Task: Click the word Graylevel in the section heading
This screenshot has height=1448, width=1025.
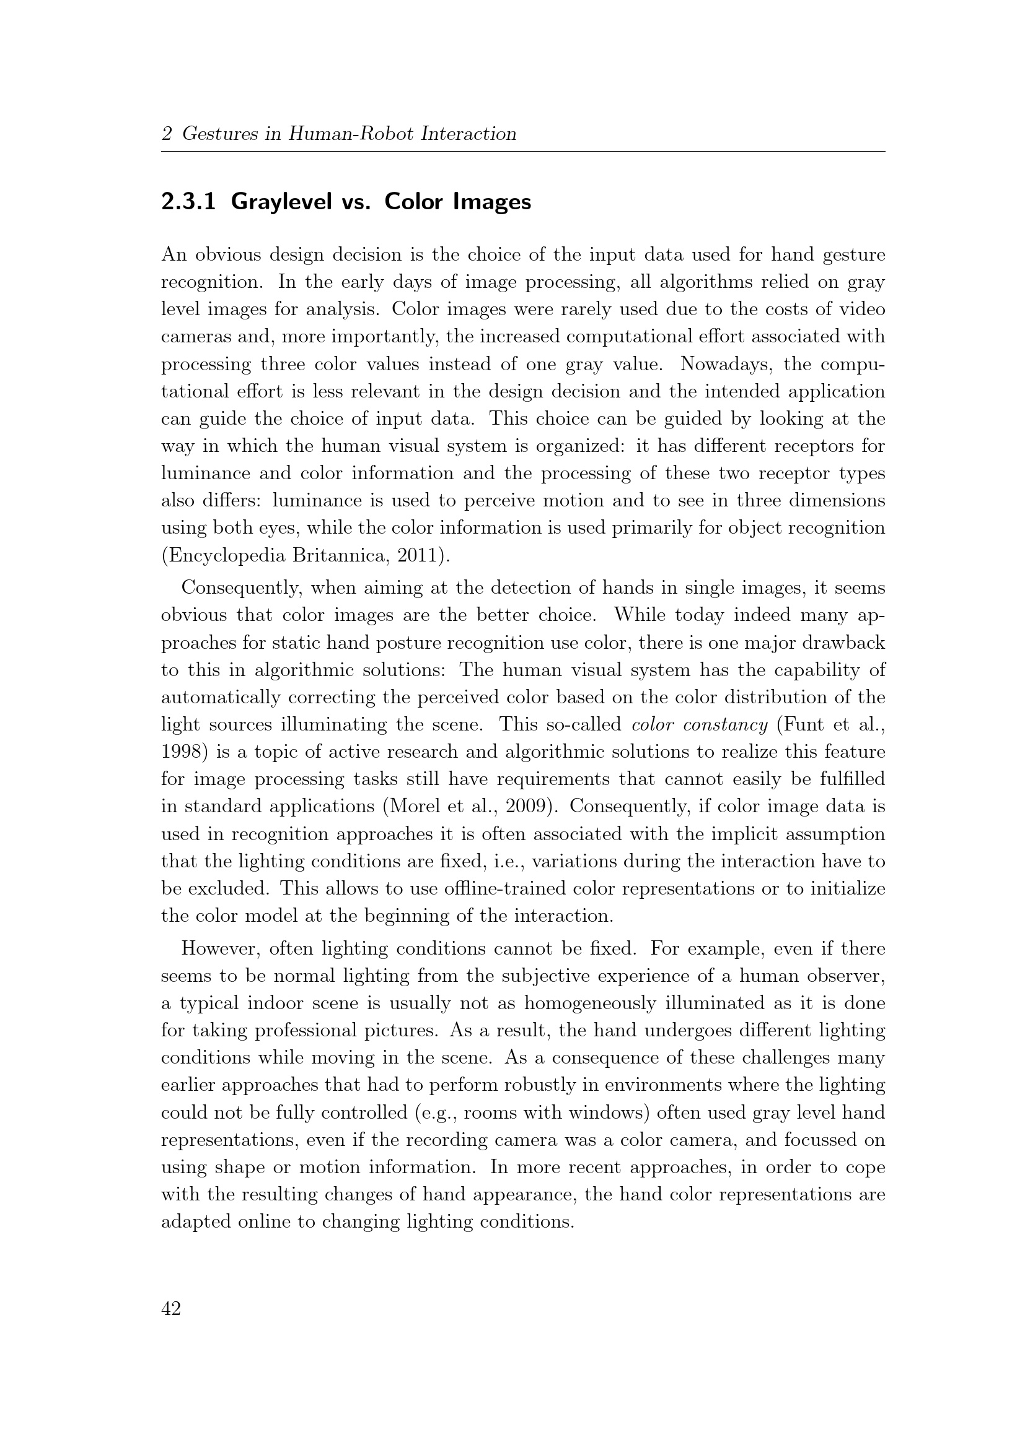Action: pyautogui.click(x=282, y=202)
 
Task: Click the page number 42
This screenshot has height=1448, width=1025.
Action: pyautogui.click(x=171, y=1309)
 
